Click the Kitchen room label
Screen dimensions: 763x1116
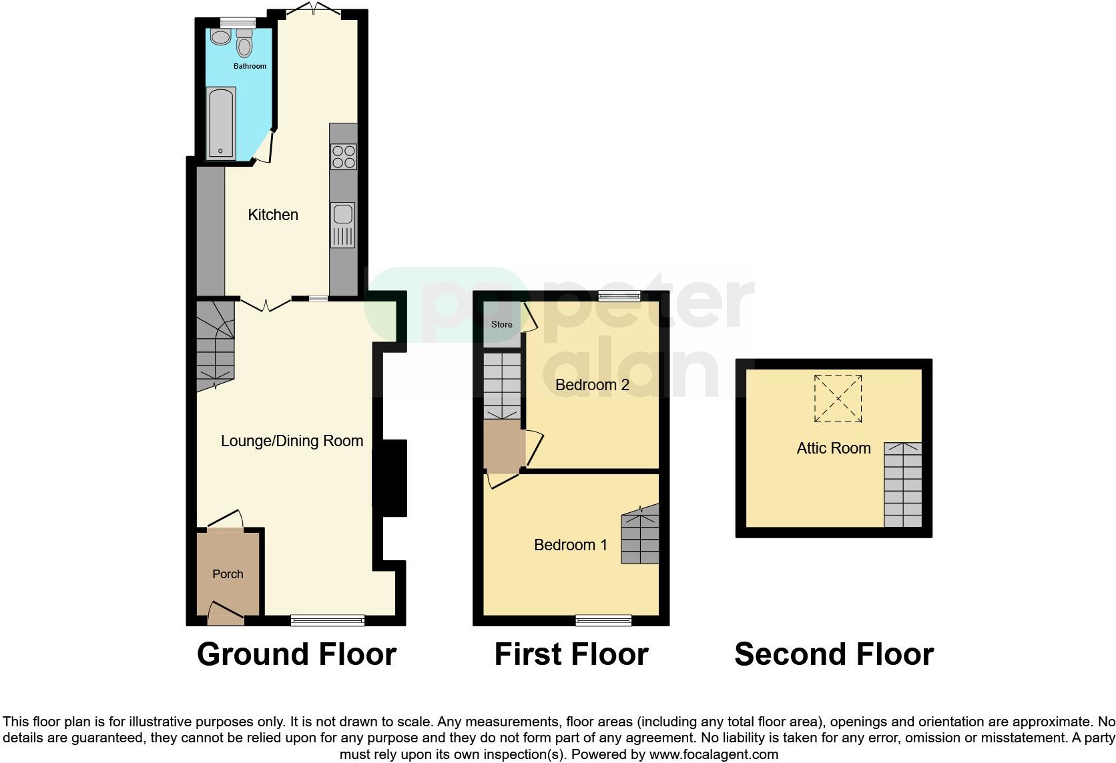coord(272,215)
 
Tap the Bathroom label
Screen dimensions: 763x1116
coord(250,66)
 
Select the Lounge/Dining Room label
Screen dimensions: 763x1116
coord(292,441)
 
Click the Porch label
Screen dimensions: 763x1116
coord(228,574)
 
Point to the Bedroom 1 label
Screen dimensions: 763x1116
coord(571,545)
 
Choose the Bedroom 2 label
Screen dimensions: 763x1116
coord(592,385)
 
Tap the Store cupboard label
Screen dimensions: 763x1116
coord(501,325)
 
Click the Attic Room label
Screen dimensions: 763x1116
coord(833,448)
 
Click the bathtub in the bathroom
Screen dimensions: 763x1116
coord(220,123)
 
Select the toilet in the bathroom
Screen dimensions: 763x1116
coord(245,43)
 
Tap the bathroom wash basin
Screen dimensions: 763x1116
coord(220,36)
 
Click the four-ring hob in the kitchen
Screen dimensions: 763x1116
coord(343,157)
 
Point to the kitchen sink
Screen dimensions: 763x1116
coord(342,224)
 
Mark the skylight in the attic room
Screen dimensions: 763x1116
coord(838,398)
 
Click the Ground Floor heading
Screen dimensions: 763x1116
coord(296,654)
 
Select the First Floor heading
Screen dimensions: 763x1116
coord(571,654)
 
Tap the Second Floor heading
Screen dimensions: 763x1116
coord(834,654)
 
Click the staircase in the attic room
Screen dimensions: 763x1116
coord(902,485)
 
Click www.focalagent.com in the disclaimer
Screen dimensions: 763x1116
coord(713,755)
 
